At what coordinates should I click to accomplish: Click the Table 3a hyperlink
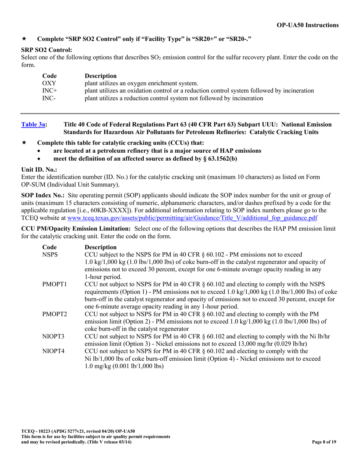[x=33, y=125]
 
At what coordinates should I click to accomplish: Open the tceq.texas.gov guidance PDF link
[x=192, y=218]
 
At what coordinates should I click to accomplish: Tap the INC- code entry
[x=49, y=99]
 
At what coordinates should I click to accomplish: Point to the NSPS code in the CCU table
[x=50, y=254]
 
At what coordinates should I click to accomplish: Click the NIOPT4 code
[x=53, y=351]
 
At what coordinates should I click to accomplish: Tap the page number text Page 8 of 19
[x=324, y=442]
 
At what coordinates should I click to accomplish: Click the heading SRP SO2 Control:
[x=47, y=50]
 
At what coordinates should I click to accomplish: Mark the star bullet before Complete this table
[x=24, y=143]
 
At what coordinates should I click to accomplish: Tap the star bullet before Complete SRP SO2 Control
[x=24, y=39]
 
